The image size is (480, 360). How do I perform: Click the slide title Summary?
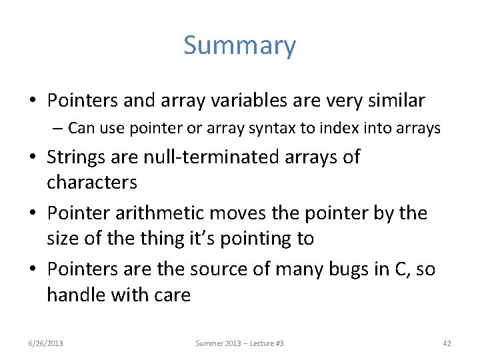[239, 45]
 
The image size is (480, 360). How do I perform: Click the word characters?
[92, 182]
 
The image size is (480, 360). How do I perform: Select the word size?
[61, 239]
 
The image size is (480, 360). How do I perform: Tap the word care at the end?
[171, 295]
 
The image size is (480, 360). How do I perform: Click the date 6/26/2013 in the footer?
[46, 343]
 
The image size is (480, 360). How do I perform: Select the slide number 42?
[447, 343]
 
